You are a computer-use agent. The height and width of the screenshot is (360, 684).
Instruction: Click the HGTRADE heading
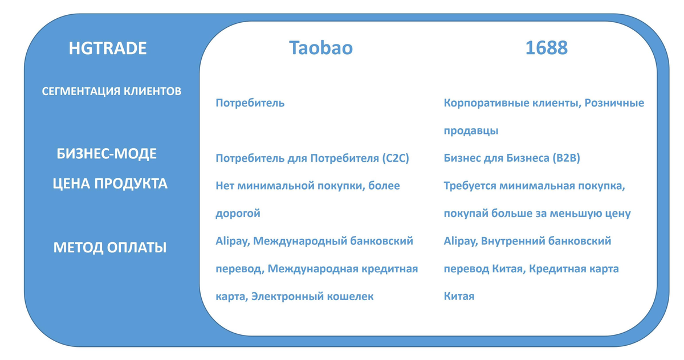pos(108,48)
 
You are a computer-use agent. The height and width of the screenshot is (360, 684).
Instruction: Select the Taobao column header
pos(320,48)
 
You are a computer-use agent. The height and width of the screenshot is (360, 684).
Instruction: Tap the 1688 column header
pos(546,48)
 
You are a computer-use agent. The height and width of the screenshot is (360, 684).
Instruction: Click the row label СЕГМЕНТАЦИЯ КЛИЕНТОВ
pos(112,91)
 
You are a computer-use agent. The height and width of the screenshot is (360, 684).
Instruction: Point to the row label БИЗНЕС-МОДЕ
pos(107,154)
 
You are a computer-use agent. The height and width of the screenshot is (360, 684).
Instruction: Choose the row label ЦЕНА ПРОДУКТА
pos(109,184)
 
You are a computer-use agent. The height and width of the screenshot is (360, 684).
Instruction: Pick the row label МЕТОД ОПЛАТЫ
pos(110,248)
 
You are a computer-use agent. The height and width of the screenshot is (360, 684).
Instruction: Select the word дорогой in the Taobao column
pos(238,214)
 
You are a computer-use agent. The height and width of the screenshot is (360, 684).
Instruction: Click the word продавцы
pos(471,130)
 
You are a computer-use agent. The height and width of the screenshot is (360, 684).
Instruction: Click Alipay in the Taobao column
pos(231,242)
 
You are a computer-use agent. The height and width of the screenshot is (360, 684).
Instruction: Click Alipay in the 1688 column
pos(459,242)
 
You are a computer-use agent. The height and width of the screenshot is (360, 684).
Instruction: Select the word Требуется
pos(471,186)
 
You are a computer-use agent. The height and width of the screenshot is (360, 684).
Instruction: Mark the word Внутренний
pos(516,241)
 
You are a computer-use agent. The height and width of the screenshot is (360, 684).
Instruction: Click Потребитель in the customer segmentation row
pos(250,103)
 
